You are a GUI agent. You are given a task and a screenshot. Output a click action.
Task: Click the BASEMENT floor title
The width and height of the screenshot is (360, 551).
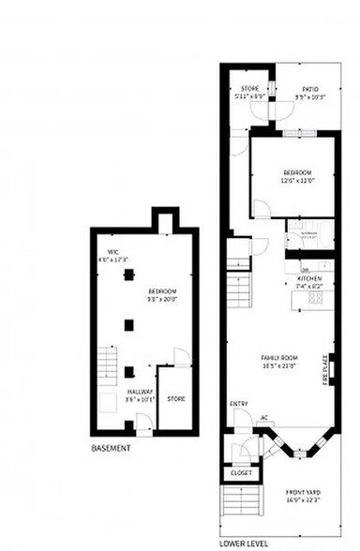coord(111,449)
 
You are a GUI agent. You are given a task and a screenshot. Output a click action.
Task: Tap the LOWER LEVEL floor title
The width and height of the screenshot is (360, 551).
coord(244,543)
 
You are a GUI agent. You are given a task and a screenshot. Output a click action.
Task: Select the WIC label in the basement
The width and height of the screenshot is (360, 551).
coord(112,252)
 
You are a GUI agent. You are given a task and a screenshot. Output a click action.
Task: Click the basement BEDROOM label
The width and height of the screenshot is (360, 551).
coord(161,292)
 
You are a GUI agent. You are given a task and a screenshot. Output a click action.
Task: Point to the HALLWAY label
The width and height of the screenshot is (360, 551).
coord(139,392)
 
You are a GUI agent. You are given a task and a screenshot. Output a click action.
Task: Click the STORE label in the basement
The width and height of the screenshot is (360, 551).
coord(175,398)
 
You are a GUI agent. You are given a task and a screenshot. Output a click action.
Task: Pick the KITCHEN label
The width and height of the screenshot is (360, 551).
coord(309,278)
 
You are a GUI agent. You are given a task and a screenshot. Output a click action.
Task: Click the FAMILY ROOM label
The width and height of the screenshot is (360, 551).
coord(278,357)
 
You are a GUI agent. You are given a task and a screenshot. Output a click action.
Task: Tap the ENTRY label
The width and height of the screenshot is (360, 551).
coord(238,404)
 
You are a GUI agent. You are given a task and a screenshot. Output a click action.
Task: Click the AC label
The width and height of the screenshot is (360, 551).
coord(264,418)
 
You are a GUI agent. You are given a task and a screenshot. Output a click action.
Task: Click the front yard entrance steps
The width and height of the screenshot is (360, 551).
coord(241,511)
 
